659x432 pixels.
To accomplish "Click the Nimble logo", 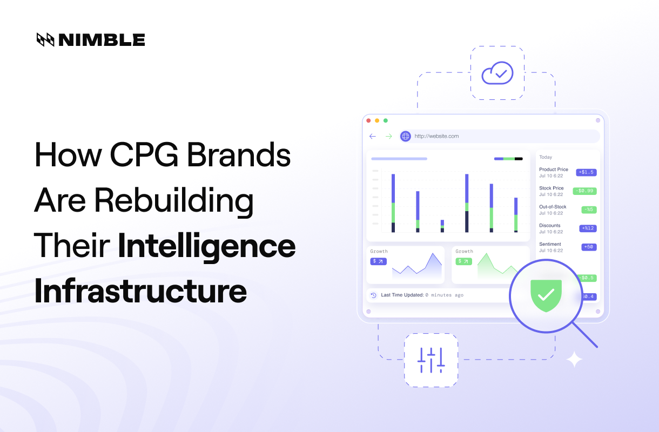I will point(90,39).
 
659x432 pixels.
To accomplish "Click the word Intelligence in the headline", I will point(206,246).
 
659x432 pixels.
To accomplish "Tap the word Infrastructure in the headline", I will point(140,291).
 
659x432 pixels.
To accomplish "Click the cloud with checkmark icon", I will point(497,73).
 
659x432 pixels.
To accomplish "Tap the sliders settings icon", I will point(431,360).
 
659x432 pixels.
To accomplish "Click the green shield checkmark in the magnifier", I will point(546,295).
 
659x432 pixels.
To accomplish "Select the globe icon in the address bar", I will point(405,136).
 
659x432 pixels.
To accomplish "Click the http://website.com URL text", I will point(436,136).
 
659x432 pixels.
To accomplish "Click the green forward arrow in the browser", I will point(388,136).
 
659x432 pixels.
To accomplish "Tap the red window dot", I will point(368,120).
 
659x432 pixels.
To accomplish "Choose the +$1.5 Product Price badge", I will point(586,172).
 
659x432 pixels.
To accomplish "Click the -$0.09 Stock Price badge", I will point(584,191).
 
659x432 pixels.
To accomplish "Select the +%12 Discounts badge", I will point(588,228).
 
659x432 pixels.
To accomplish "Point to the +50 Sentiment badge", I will point(589,247).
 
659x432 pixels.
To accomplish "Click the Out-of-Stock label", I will point(553,207).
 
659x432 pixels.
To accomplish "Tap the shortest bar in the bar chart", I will point(442,226).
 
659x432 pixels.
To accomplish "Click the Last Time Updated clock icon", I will point(373,295).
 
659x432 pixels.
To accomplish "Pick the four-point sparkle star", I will point(574,359).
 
